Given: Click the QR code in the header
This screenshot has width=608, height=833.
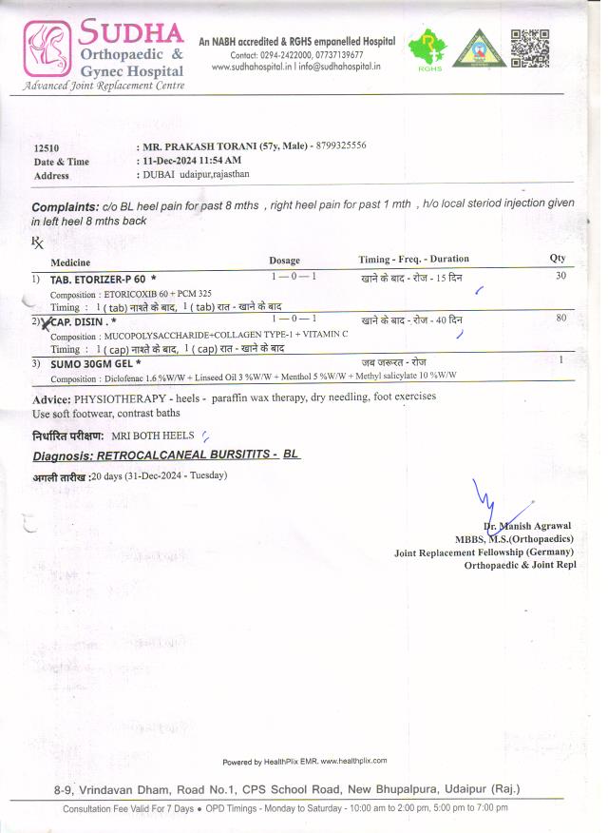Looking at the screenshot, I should [x=530, y=48].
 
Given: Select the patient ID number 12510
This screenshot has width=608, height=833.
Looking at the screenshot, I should [x=47, y=148].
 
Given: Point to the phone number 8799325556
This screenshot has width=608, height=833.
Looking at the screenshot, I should [x=340, y=145].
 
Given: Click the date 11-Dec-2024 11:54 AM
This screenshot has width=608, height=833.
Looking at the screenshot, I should [x=187, y=161].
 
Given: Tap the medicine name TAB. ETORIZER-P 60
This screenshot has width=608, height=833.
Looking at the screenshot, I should [x=99, y=280].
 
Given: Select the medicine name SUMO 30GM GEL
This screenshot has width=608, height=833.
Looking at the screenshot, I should [x=95, y=363].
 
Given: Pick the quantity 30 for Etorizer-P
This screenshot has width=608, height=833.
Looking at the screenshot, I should [x=561, y=276].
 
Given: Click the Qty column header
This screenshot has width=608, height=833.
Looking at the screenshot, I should [x=558, y=259].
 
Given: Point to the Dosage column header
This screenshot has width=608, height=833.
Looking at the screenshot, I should [x=284, y=261].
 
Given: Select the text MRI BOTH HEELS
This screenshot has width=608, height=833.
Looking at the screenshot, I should [x=153, y=436].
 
